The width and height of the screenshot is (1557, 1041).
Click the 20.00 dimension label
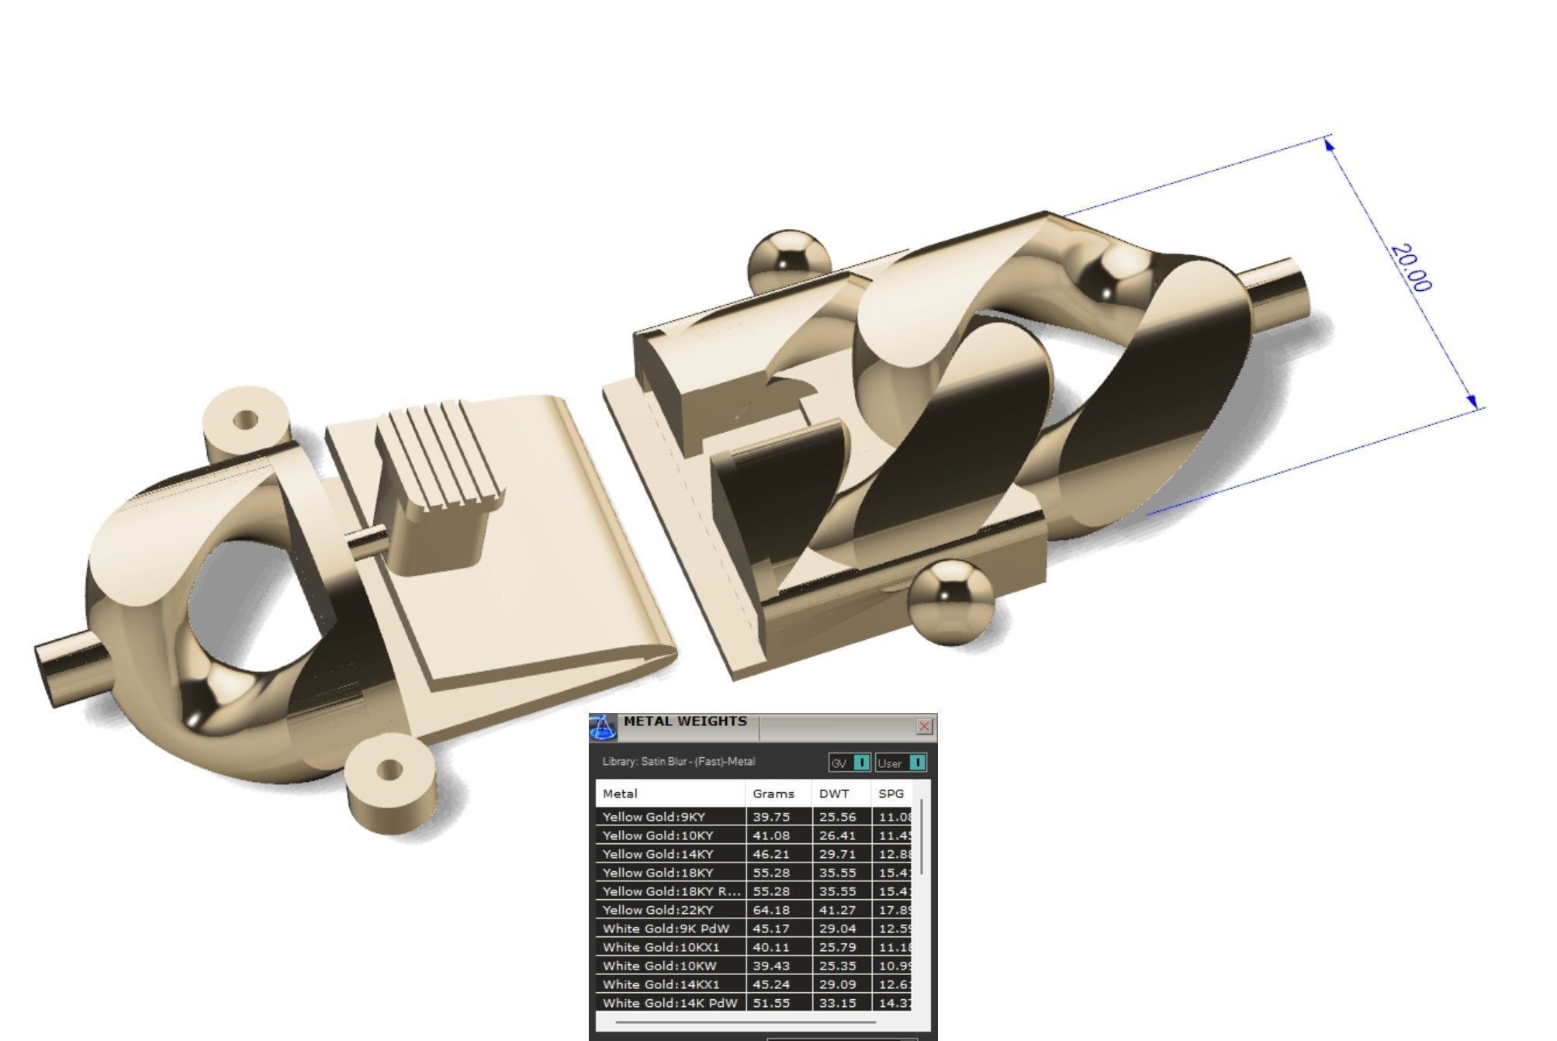tap(1410, 268)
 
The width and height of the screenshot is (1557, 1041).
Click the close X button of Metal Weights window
tap(923, 726)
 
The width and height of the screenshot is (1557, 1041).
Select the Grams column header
tap(773, 794)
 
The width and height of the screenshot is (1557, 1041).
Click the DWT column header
tap(834, 794)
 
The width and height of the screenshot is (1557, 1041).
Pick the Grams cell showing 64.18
tap(771, 910)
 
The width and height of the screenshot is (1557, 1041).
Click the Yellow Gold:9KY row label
tap(653, 817)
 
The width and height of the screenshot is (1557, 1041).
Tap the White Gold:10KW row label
tap(659, 966)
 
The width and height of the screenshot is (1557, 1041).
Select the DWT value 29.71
tap(837, 854)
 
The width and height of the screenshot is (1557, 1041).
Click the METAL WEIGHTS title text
tap(685, 721)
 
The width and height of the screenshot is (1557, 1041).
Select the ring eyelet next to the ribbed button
tap(244, 422)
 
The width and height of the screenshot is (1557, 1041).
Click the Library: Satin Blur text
tap(678, 762)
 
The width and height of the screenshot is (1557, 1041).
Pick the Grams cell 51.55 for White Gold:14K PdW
tap(771, 1003)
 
